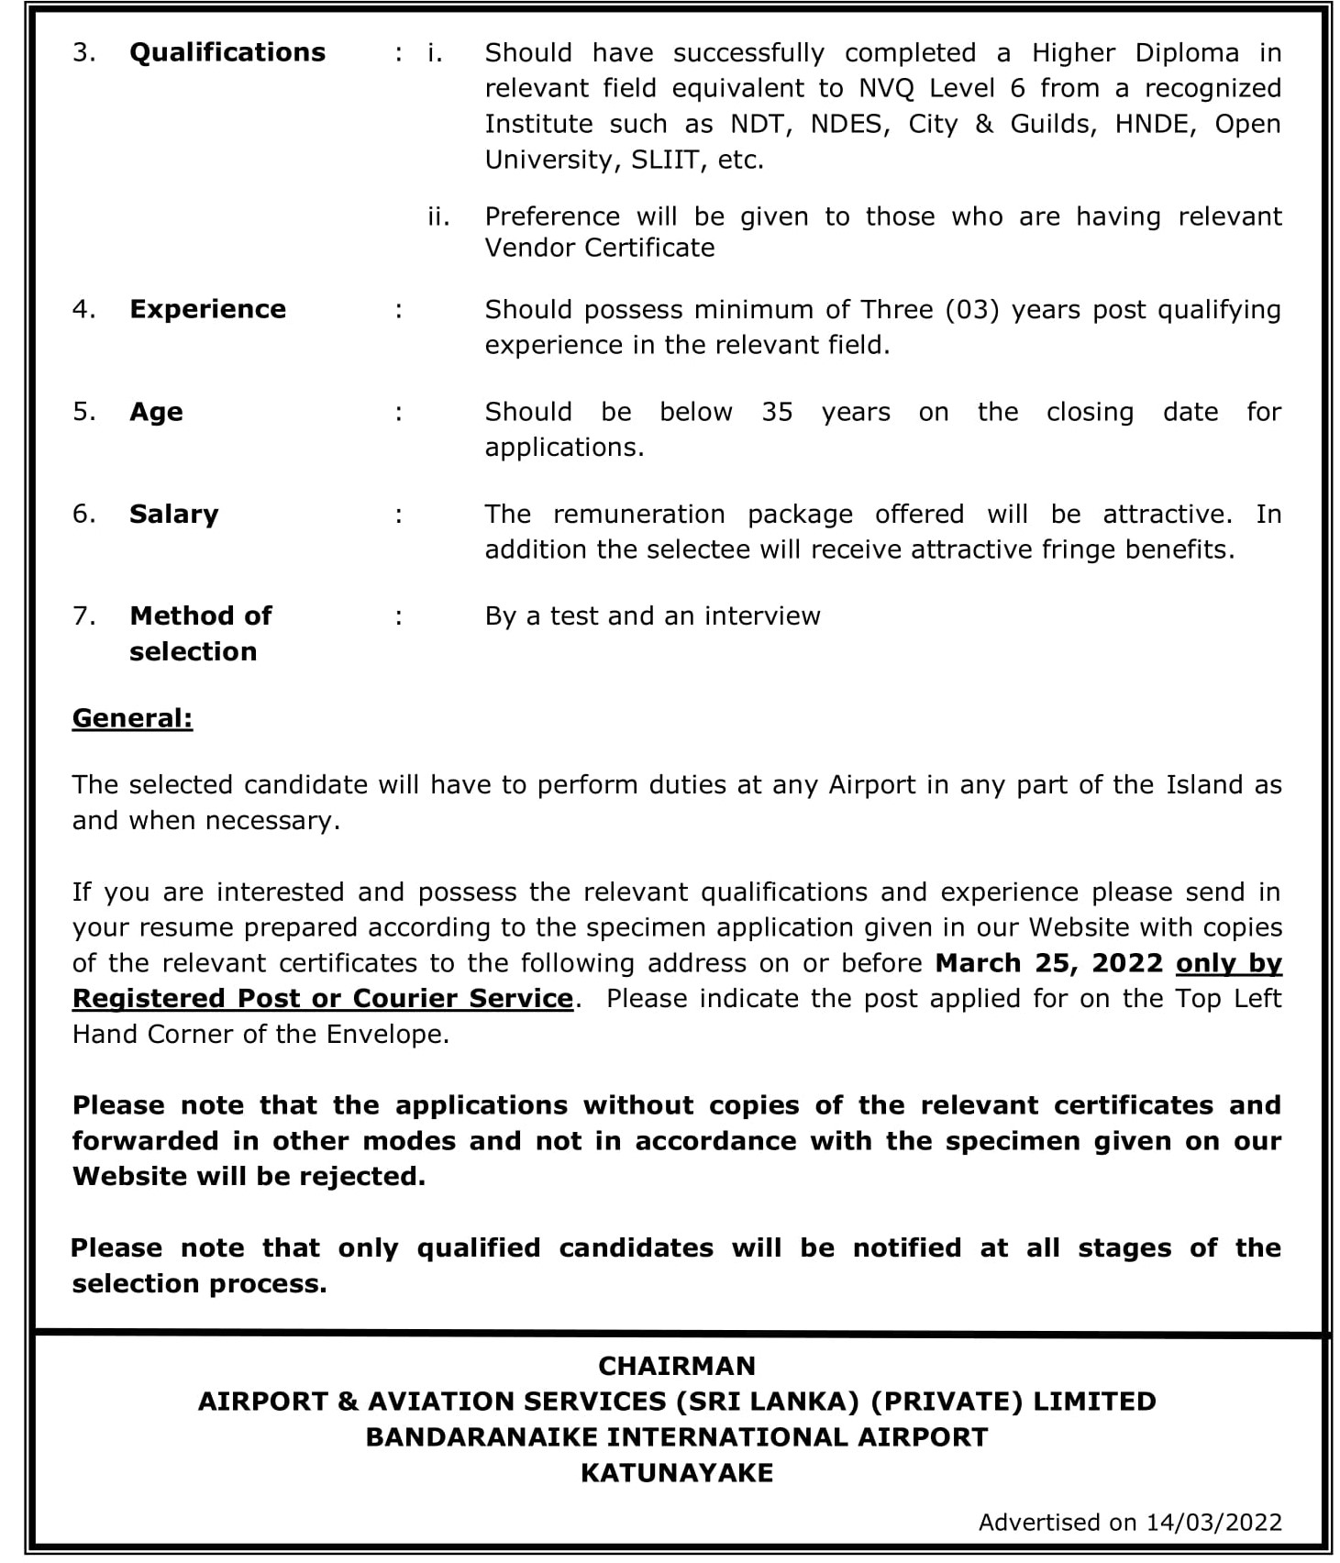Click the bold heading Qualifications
click(x=227, y=52)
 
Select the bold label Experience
click(x=207, y=309)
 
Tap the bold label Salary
click(x=173, y=514)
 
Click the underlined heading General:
click(x=132, y=718)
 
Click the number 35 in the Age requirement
click(x=776, y=412)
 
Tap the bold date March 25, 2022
click(x=1048, y=963)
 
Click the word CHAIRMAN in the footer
click(x=676, y=1366)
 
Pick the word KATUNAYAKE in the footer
click(x=676, y=1473)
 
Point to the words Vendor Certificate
click(x=599, y=248)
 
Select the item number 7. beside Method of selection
click(x=83, y=616)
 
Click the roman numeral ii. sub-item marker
click(x=437, y=217)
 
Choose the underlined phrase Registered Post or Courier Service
click(x=322, y=998)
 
